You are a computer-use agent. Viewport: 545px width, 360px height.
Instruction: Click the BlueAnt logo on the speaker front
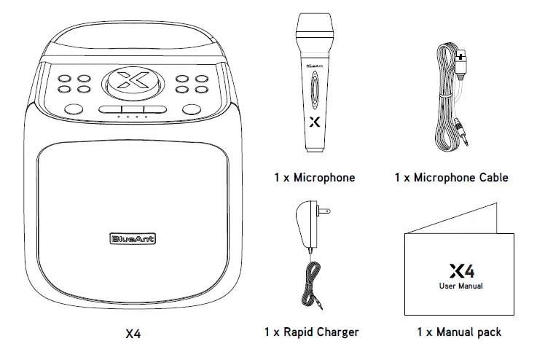pos(133,238)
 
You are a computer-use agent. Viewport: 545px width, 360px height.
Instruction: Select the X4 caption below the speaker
pos(133,334)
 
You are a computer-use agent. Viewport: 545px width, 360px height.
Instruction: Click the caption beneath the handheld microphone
pos(315,177)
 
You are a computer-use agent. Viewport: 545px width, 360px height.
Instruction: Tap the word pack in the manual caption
pos(489,332)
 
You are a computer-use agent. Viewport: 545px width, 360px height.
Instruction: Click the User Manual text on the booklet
pos(460,286)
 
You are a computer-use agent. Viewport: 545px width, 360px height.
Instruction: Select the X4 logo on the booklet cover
pos(461,272)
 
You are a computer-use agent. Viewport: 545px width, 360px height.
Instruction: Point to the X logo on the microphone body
pos(314,122)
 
